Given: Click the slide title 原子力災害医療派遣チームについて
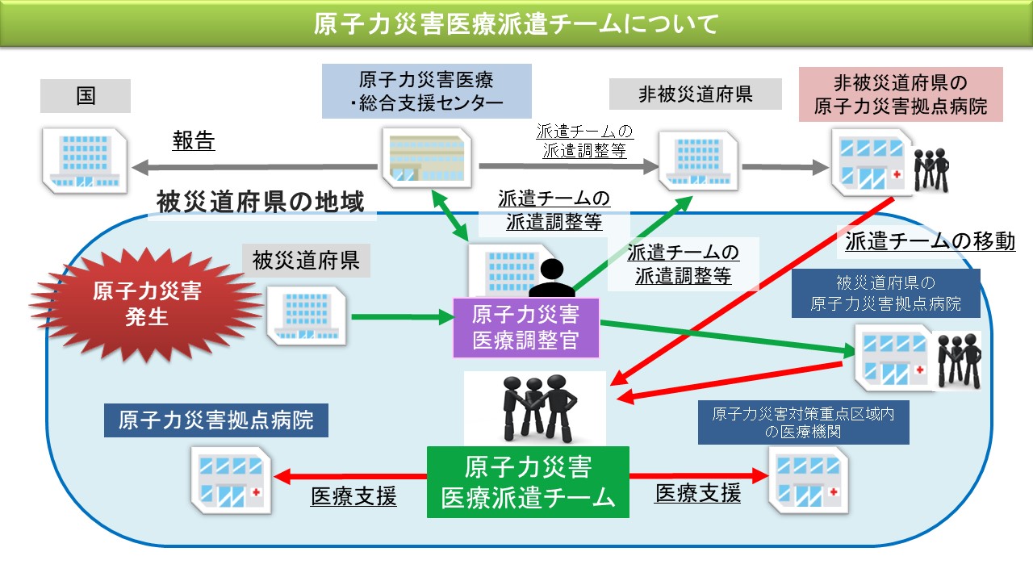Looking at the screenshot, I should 516,24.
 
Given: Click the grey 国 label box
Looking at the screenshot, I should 85,96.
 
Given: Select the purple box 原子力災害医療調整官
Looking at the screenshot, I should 526,328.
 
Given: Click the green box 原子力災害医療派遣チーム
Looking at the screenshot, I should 528,482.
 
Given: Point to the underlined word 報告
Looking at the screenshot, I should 194,141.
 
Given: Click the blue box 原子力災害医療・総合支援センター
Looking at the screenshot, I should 426,91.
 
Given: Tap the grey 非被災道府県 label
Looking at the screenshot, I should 695,94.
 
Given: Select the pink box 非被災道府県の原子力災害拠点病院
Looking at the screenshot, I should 900,94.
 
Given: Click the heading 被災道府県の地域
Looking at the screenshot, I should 260,203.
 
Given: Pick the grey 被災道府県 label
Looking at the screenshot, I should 306,261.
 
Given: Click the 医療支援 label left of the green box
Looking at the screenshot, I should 353,496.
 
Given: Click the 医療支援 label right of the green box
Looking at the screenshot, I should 697,493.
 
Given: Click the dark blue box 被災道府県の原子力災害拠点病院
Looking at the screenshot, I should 885,293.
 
